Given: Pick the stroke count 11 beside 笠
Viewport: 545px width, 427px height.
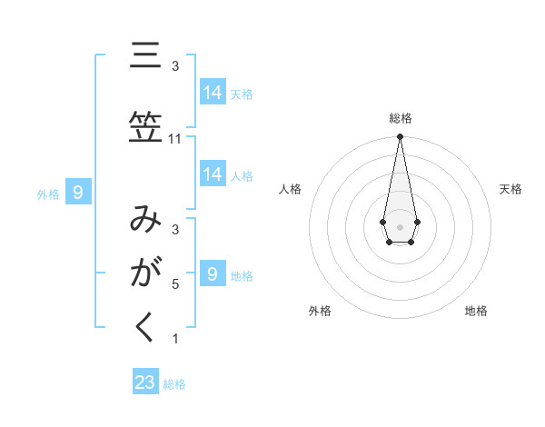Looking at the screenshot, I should pyautogui.click(x=175, y=139).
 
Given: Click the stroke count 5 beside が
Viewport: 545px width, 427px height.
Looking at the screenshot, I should pyautogui.click(x=175, y=283).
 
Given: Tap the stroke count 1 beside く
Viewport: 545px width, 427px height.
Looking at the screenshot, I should pyautogui.click(x=175, y=339).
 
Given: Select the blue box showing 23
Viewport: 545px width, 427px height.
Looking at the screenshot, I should pyautogui.click(x=145, y=382).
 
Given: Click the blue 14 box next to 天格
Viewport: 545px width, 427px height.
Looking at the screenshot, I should pyautogui.click(x=213, y=92).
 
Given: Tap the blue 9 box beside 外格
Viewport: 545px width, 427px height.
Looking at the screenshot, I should pyautogui.click(x=79, y=192).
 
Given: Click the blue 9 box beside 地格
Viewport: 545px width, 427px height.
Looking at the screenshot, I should pyautogui.click(x=213, y=273).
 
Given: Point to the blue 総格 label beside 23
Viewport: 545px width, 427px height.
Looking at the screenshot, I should pyautogui.click(x=174, y=384).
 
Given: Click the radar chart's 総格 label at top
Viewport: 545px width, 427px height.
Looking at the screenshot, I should pyautogui.click(x=400, y=118).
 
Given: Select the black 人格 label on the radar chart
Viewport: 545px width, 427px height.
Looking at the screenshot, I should pyautogui.click(x=291, y=189).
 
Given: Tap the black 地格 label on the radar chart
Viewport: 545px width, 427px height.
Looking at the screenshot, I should pyautogui.click(x=476, y=311).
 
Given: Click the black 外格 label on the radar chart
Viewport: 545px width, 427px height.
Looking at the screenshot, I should pyautogui.click(x=320, y=311).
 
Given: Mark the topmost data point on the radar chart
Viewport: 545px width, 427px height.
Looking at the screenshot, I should pyautogui.click(x=400, y=137).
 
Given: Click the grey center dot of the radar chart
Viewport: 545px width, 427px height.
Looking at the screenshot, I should pyautogui.click(x=400, y=225).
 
